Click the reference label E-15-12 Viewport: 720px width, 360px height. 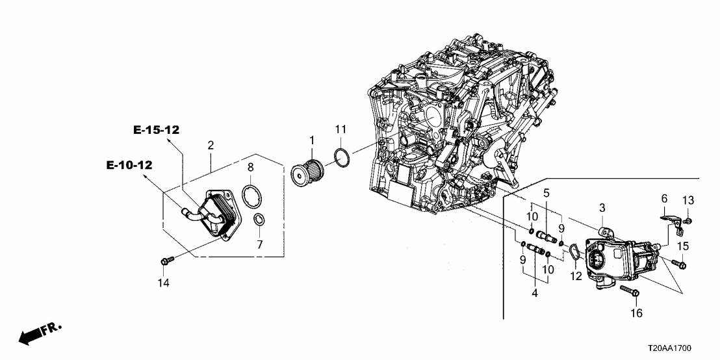tap(156, 130)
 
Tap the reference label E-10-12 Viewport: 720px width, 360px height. tap(129, 166)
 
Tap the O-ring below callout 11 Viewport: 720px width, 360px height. tap(342, 157)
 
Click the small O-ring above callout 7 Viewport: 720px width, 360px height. tap(259, 218)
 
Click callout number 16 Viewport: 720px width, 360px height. tap(636, 313)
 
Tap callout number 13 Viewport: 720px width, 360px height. tap(688, 199)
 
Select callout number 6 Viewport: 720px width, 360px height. tap(664, 198)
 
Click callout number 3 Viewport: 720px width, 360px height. tap(602, 207)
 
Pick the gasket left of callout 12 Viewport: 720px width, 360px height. tap(574, 251)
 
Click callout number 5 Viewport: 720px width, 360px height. tap(546, 193)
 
